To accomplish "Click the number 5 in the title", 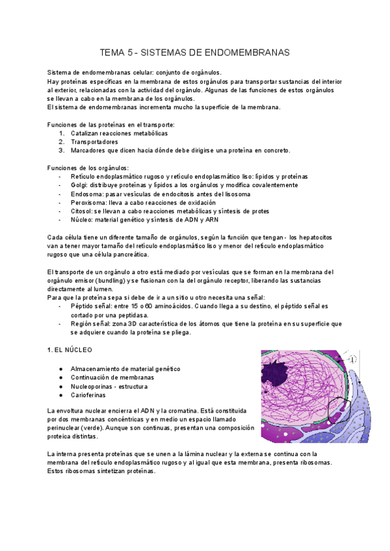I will (133, 51).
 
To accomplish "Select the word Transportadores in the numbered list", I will (95, 142).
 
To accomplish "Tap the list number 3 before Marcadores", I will (61, 150).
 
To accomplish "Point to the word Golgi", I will (79, 185).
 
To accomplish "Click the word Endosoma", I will (86, 194).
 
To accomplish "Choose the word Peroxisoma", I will (90, 203).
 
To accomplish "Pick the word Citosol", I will (83, 211).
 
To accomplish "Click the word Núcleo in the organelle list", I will (82, 220).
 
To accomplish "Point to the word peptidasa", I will (146, 314).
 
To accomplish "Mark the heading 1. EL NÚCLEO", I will (70, 350).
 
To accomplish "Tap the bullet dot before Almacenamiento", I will (60, 368).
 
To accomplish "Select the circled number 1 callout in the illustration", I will (352, 359).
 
